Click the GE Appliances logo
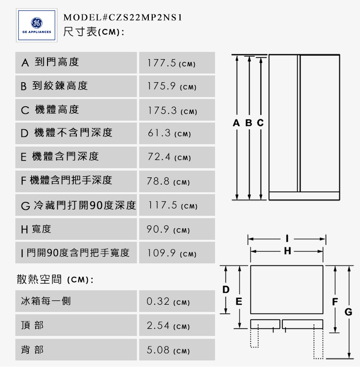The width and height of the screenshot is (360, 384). coord(34,24)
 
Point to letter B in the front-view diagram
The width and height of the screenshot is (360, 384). coord(249,124)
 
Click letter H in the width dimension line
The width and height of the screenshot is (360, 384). coord(287,250)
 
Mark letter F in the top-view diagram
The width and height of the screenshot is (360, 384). coord(336,302)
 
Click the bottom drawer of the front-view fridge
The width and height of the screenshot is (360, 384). coord(304,196)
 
